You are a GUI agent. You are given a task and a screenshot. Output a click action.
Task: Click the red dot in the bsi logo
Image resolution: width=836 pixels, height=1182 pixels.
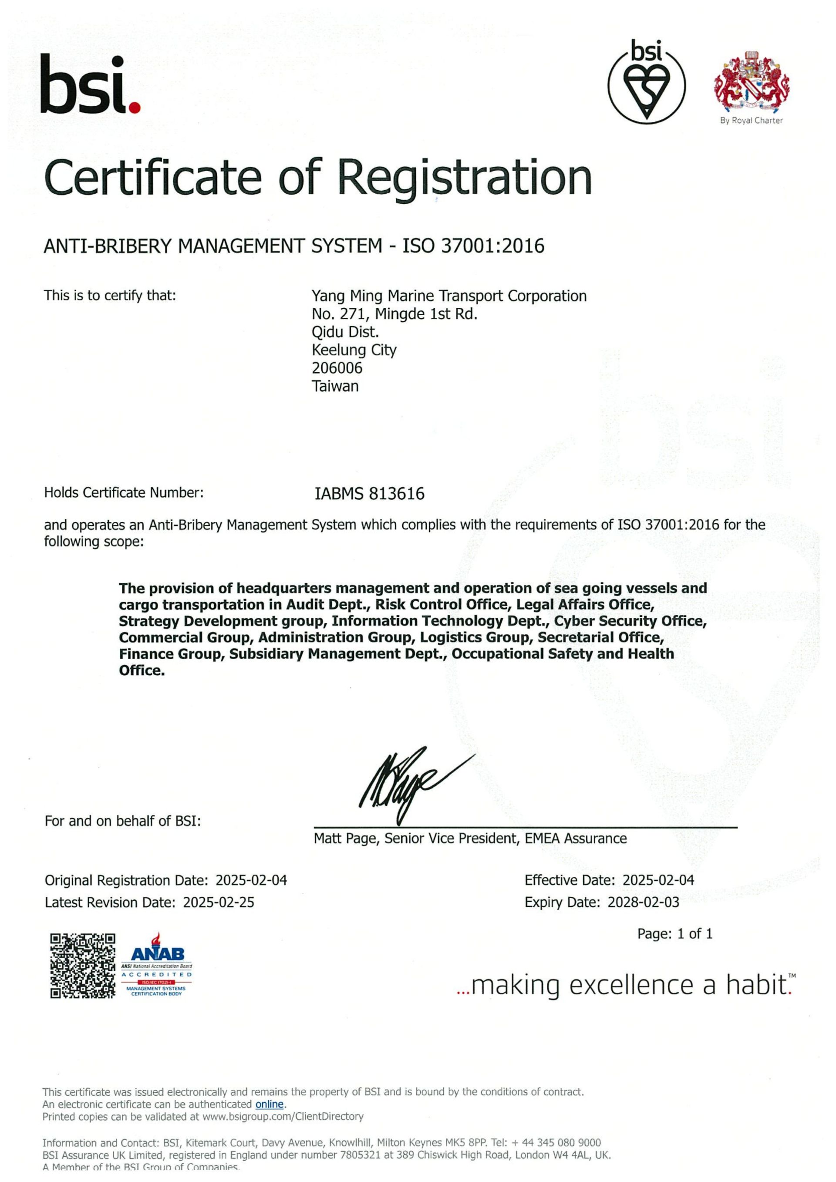pos(135,108)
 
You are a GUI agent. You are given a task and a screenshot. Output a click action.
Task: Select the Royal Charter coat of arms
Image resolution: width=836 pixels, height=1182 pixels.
pos(752,81)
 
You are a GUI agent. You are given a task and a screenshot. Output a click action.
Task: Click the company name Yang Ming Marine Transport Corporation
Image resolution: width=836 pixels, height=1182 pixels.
pos(449,296)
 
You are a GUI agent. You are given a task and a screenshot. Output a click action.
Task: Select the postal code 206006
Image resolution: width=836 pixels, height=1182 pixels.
pos(337,368)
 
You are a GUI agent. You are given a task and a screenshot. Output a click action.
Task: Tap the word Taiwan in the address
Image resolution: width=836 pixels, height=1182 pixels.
pos(335,386)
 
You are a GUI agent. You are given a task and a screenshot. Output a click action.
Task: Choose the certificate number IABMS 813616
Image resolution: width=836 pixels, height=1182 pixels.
pos(370,494)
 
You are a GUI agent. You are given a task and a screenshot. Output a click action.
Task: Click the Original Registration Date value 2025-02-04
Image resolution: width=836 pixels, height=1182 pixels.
pos(251,880)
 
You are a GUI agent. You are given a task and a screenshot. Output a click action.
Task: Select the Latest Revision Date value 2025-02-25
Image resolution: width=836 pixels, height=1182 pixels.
pos(219,902)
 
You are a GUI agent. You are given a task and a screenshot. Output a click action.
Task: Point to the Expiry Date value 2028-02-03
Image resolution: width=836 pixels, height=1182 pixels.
pos(644,902)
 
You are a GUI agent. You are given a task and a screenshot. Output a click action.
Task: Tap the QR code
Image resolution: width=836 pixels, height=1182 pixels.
pos(82,966)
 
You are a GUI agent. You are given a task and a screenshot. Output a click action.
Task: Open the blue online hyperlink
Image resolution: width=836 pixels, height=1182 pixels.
pos(269,1104)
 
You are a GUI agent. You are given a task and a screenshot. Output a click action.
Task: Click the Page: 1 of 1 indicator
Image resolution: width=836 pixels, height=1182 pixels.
pos(675,934)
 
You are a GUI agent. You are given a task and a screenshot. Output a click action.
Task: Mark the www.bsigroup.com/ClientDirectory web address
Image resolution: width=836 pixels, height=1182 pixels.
pos(283,1117)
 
